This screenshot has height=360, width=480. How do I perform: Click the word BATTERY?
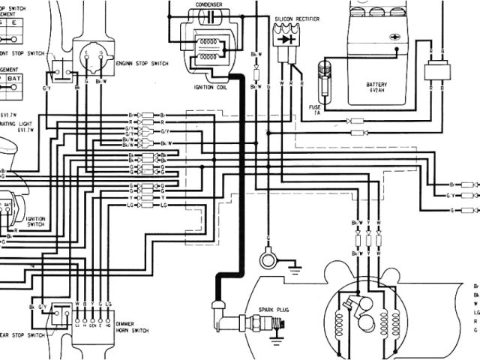point(376,85)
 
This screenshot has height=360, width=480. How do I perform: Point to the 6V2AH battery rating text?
point(376,92)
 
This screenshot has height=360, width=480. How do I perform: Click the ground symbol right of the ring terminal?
point(295,263)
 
